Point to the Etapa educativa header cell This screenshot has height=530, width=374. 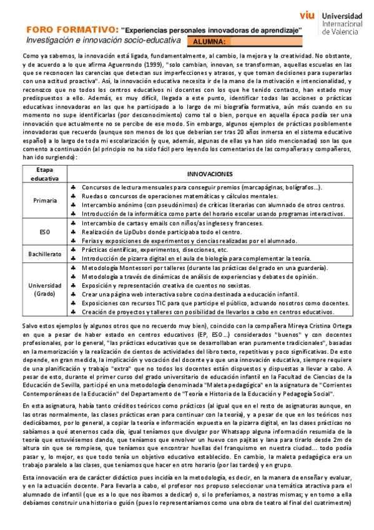(44, 174)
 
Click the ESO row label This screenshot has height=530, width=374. (44, 231)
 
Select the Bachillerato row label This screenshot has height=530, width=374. (44, 254)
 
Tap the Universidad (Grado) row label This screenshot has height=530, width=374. (44, 289)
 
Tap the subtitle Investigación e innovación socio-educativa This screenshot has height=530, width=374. (103, 41)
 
